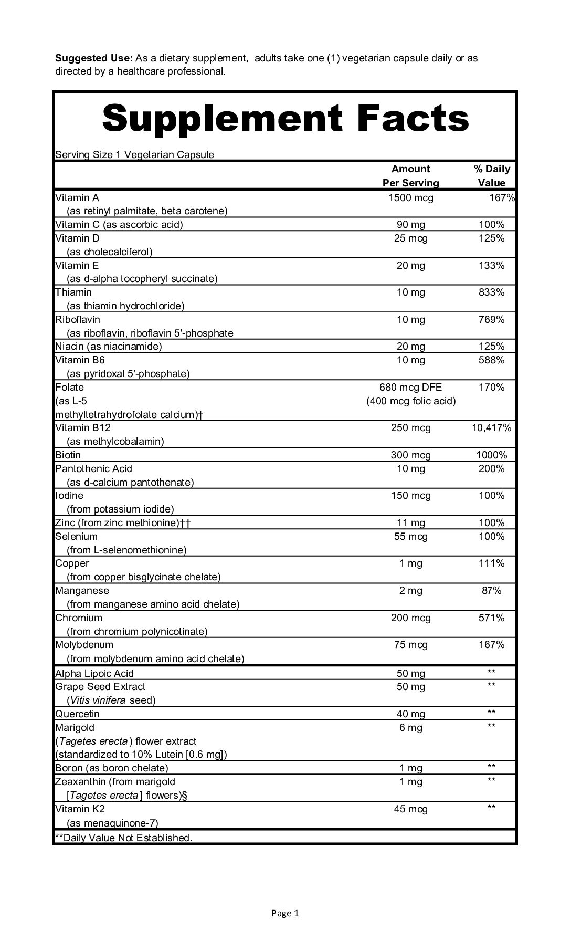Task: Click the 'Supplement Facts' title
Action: click(x=285, y=119)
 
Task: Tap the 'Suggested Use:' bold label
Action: click(x=94, y=58)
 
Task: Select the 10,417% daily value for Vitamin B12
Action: click(x=491, y=428)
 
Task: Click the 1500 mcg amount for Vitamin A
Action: click(x=410, y=198)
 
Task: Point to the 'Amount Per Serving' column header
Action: click(x=410, y=176)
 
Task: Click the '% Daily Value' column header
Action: click(x=491, y=176)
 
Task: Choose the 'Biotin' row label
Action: click(x=68, y=455)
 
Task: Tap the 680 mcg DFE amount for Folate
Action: click(x=410, y=388)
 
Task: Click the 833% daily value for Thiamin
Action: click(x=491, y=292)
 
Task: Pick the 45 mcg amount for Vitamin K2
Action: click(x=410, y=809)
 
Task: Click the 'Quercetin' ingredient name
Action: click(x=77, y=714)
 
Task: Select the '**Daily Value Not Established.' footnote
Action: click(x=124, y=838)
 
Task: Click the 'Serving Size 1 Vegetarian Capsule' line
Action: click(x=134, y=155)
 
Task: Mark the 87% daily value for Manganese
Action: click(x=491, y=591)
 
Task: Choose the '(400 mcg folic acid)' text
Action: click(x=410, y=401)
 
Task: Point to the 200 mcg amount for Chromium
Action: click(x=410, y=618)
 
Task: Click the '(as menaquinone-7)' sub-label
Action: click(x=112, y=823)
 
